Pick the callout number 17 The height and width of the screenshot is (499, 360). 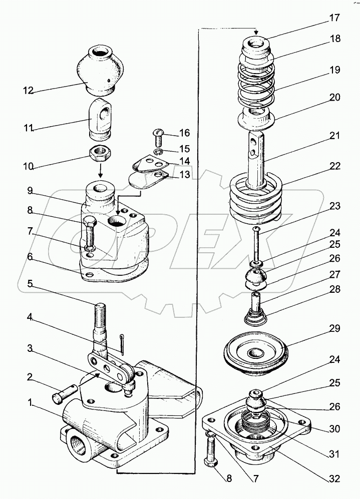click(334, 19)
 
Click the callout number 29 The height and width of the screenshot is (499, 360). click(334, 329)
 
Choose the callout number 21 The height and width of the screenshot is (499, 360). click(334, 136)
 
